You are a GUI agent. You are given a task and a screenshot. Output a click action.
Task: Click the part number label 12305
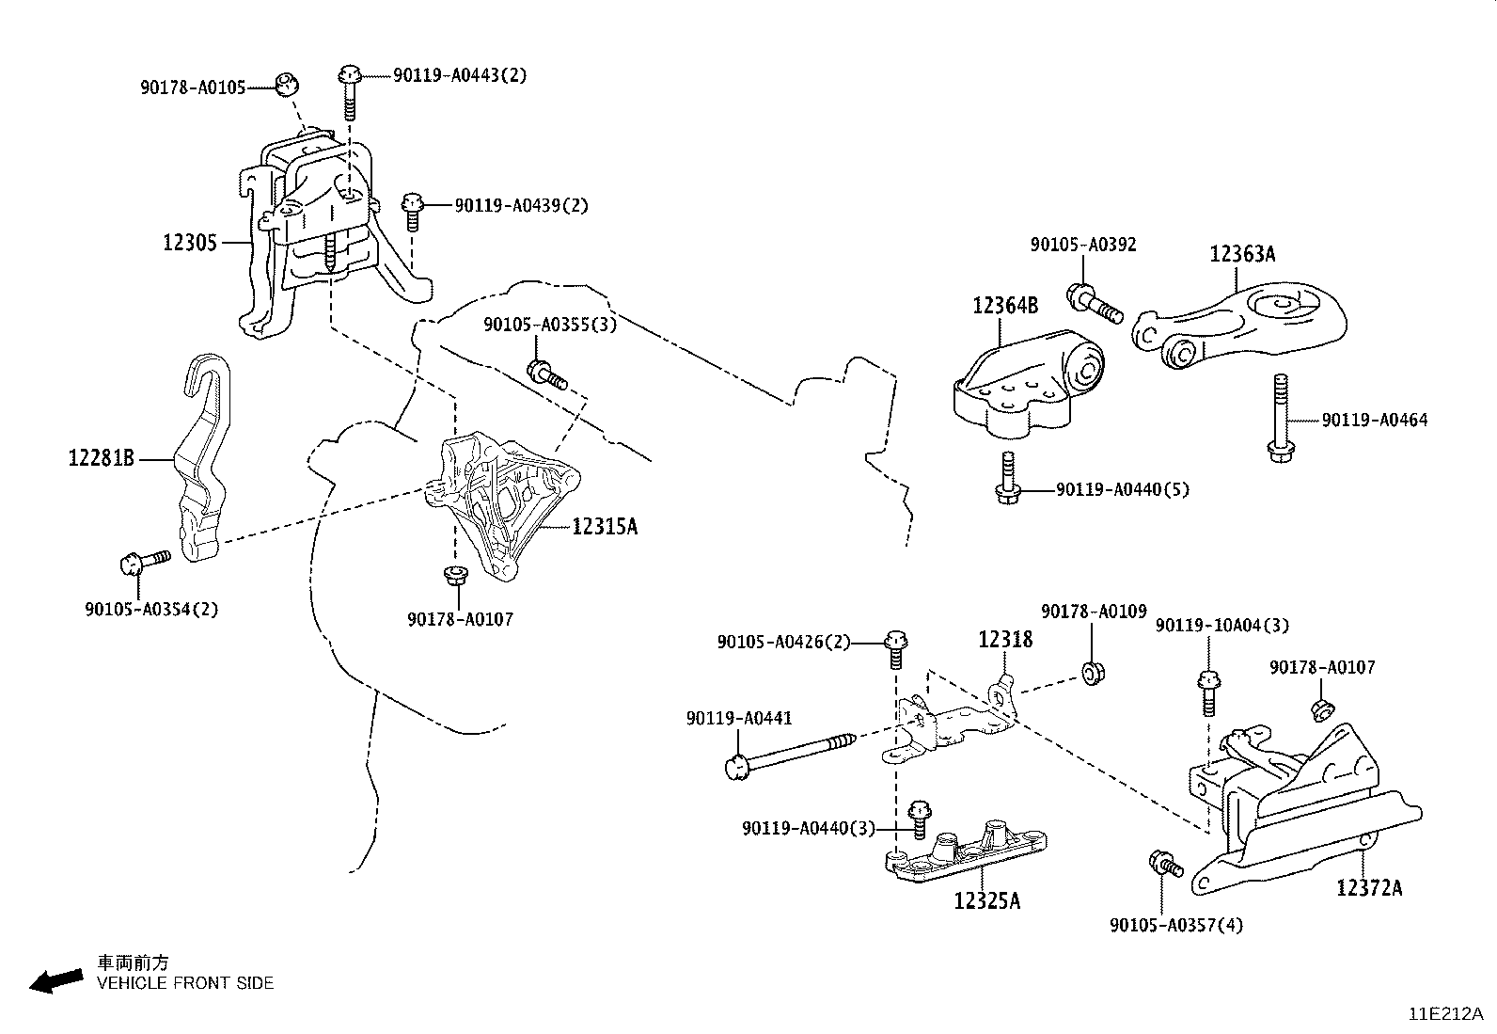point(190,243)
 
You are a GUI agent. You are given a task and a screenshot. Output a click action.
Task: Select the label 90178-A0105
point(193,87)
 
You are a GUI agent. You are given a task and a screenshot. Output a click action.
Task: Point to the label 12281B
point(101,458)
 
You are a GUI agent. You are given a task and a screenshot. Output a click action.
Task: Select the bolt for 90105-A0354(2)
point(142,562)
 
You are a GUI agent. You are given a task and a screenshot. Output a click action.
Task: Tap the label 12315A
point(605,527)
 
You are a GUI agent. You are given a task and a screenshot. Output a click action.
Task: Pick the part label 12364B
point(1005,305)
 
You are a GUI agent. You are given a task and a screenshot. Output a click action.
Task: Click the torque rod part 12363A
point(1241,325)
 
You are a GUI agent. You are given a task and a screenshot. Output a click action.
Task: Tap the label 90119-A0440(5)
point(1122,489)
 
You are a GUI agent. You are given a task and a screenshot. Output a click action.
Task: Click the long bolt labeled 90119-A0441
point(790,754)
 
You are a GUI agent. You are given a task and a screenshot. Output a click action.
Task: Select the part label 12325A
point(986,900)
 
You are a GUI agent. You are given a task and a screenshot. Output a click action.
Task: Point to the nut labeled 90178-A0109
point(1092,673)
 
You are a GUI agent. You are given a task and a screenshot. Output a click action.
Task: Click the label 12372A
point(1369,887)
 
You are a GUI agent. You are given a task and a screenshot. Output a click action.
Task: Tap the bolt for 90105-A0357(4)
point(1164,863)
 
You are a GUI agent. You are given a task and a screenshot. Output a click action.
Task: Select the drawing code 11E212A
point(1444,1013)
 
